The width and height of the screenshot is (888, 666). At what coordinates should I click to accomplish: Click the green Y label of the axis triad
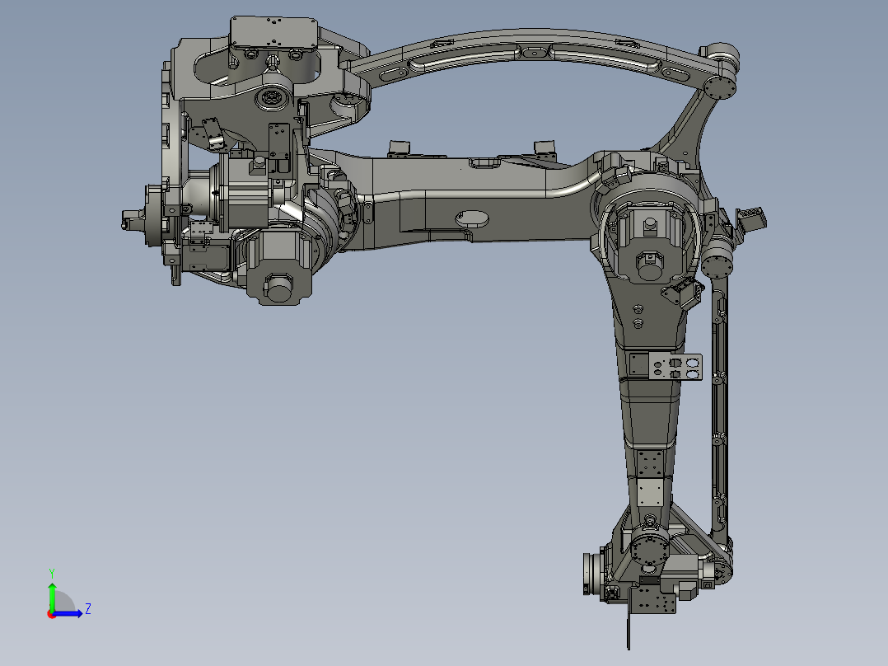pos(51,571)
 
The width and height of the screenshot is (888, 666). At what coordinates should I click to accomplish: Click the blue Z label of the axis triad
pos(87,609)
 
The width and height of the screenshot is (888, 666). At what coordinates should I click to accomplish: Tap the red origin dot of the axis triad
pos(51,613)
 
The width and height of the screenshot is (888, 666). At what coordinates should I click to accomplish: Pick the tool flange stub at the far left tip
pos(130,221)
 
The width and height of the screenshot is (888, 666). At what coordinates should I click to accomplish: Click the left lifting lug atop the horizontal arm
pos(400,147)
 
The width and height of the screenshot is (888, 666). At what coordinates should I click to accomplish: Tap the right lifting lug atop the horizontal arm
pos(544,148)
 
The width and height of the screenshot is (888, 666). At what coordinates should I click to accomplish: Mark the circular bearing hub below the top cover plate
pos(269,100)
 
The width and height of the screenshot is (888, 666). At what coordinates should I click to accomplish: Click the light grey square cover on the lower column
pos(651,495)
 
